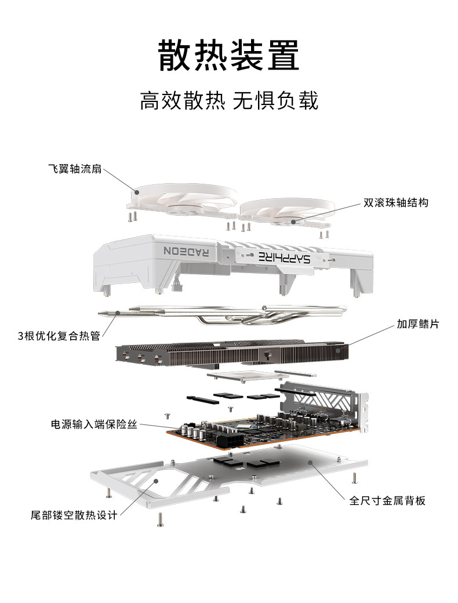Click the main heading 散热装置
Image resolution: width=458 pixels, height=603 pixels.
click(228, 55)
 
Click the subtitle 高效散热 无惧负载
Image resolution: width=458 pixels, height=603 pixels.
click(229, 101)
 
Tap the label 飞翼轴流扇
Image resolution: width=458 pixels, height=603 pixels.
click(75, 169)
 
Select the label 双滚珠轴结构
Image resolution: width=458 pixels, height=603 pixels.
click(396, 203)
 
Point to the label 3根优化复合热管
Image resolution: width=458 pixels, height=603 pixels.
click(59, 336)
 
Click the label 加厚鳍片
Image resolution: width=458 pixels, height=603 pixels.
click(417, 324)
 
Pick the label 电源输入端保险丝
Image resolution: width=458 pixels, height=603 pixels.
click(94, 424)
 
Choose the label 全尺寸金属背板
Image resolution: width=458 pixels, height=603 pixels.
click(387, 500)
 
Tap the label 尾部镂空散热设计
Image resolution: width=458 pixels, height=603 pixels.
click(74, 515)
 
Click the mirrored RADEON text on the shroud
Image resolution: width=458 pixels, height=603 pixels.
click(187, 251)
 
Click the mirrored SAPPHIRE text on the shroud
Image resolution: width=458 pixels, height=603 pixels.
click(284, 257)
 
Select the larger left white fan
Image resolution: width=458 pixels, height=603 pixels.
click(184, 200)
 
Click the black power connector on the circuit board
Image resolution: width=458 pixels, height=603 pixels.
click(230, 441)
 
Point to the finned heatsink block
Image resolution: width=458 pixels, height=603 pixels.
click(232, 353)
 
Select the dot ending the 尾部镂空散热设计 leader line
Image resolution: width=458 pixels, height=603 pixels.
click(156, 481)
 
